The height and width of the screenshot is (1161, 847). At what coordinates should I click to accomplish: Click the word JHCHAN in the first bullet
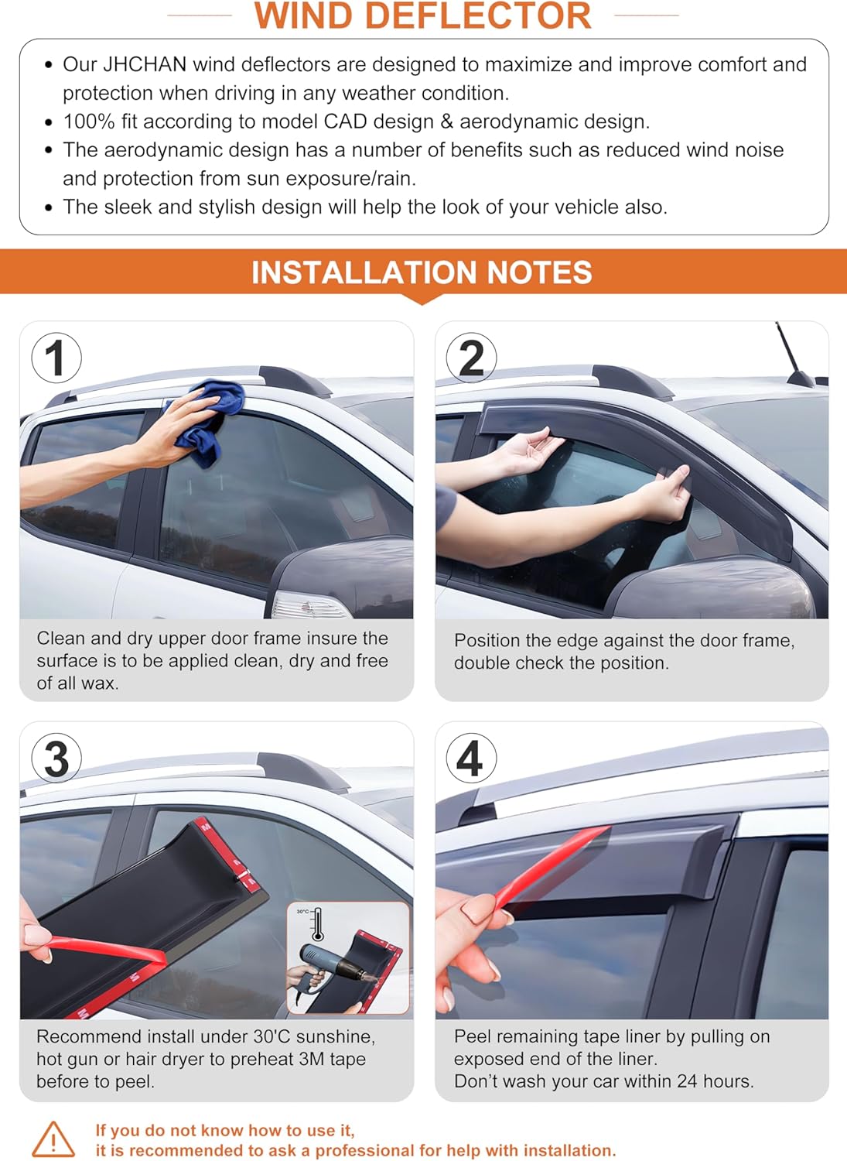pos(145,65)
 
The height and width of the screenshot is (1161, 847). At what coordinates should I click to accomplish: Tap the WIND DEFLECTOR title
pos(422,15)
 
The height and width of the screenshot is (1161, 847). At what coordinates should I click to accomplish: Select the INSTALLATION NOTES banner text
pos(422,272)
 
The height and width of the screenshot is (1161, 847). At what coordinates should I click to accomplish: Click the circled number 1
pos(56,358)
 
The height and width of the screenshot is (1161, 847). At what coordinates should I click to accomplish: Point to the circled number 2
pos(471,358)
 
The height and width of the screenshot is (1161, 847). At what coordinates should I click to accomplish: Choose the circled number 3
pos(56,759)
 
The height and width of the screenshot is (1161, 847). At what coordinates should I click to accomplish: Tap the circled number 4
pos(471,759)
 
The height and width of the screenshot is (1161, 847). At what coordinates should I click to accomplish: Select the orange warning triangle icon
pos(53,1139)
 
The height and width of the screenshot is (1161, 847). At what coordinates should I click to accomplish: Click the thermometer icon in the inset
pos(318,924)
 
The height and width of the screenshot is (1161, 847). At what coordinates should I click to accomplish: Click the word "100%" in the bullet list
pos(89,122)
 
